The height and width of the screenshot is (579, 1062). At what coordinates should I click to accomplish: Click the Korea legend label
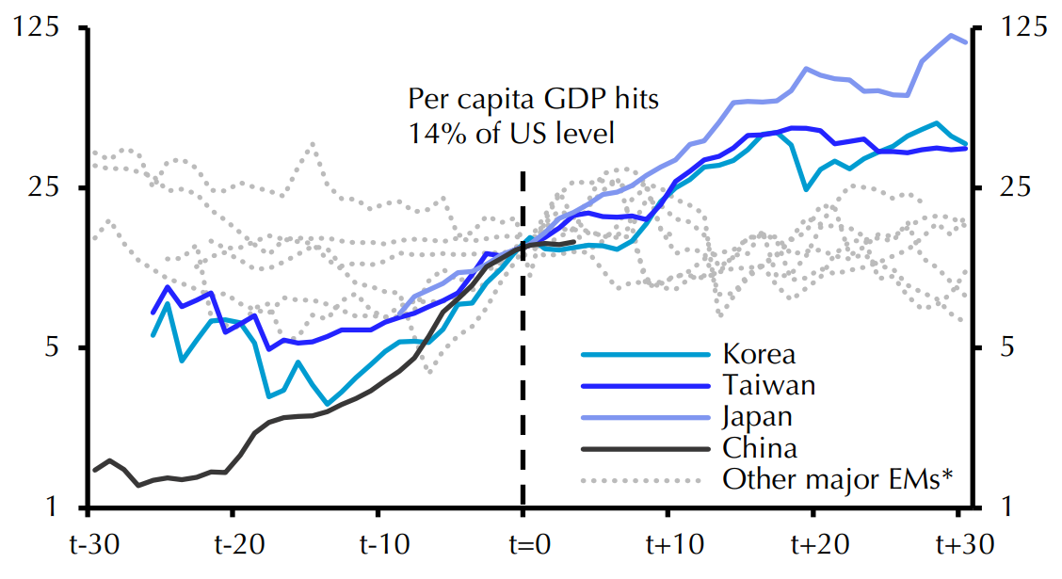759,354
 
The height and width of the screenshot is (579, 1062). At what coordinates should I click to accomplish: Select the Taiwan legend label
768,384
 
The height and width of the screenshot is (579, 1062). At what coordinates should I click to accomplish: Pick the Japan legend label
758,416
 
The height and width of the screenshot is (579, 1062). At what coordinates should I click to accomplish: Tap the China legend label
760,447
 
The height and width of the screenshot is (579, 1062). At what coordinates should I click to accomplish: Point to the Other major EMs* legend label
839,478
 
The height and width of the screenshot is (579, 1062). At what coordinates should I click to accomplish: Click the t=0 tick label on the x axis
523,546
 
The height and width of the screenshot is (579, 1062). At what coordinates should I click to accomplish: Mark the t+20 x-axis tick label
813,546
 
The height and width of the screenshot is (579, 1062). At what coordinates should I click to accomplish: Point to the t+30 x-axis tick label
957,546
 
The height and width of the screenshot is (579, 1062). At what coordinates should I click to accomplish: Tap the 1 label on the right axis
1006,507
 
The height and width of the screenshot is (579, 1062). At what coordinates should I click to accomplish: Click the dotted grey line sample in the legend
644,479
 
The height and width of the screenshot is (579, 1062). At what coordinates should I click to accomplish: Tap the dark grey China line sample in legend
644,448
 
